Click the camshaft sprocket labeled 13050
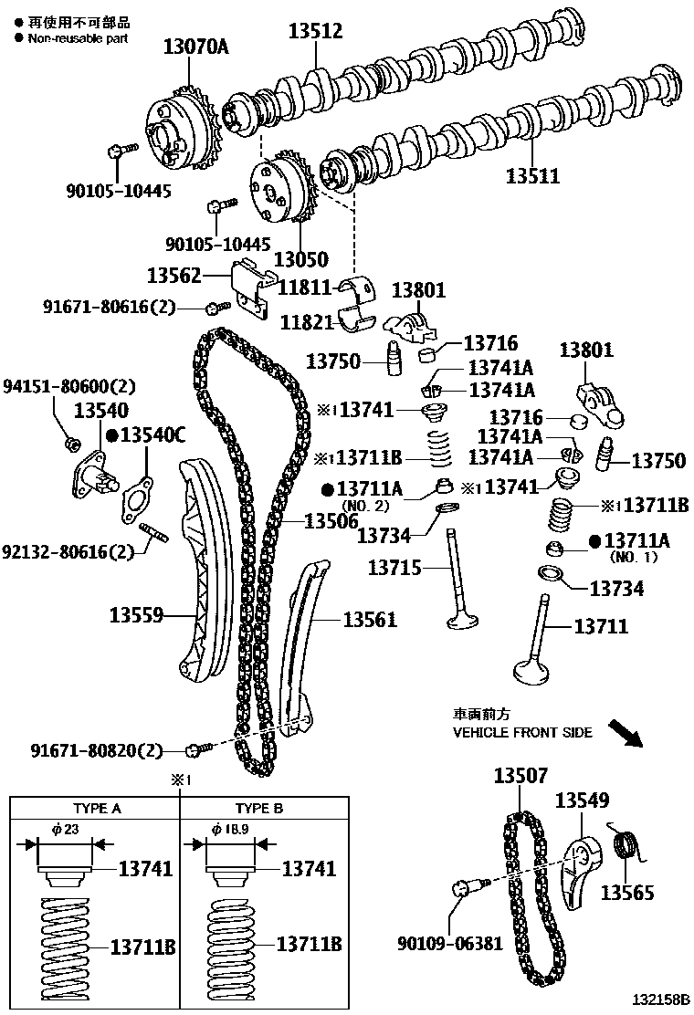point(280,189)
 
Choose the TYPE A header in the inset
point(97,809)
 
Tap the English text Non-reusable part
point(77,38)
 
